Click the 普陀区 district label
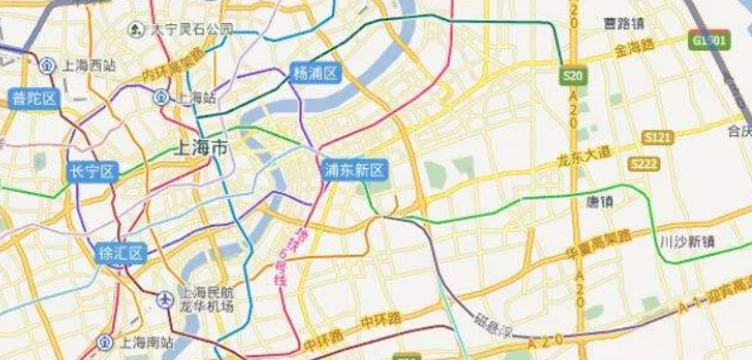pos(32,98)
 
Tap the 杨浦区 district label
pos(316,73)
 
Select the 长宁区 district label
pos(92,172)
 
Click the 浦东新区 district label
pos(354,171)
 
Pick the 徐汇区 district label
pos(121,254)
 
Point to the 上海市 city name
pos(201,149)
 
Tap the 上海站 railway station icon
pos(160,97)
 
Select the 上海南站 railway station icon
pos(104,342)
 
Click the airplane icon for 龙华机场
pos(164,299)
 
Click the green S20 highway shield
pos(572,74)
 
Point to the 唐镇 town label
pos(601,203)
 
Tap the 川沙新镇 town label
pos(686,241)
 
